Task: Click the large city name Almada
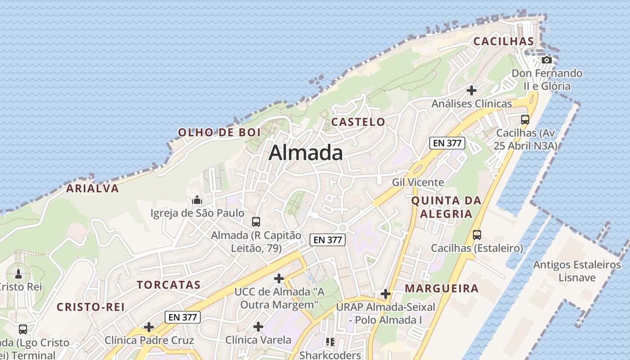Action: coord(306,153)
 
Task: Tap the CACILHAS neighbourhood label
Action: coord(504,41)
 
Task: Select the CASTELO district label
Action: coord(358,122)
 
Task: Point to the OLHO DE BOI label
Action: coord(219,132)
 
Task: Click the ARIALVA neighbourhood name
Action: coord(93,189)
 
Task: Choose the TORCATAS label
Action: coord(169,285)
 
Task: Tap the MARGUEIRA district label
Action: coord(441,288)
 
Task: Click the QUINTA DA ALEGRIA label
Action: coord(446,207)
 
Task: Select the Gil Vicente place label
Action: coord(418,182)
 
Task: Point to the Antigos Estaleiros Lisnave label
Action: coord(577,271)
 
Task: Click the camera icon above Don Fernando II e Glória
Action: coord(546,60)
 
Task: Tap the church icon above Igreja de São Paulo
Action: coord(197,200)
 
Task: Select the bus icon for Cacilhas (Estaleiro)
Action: coord(477,235)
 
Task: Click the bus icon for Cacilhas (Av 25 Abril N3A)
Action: coord(525,120)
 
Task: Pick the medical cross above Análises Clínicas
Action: coord(472,90)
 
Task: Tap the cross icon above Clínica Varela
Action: coord(258,326)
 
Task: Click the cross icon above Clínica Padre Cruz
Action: coord(149,327)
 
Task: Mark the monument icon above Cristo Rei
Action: coord(18,274)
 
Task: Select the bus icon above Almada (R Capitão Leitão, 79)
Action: coord(256,221)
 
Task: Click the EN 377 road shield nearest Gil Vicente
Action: coord(446,143)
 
